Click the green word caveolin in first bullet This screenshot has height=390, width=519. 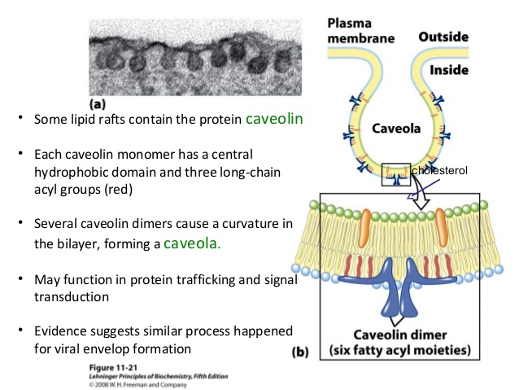(x=274, y=119)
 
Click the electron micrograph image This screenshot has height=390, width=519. (x=190, y=55)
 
